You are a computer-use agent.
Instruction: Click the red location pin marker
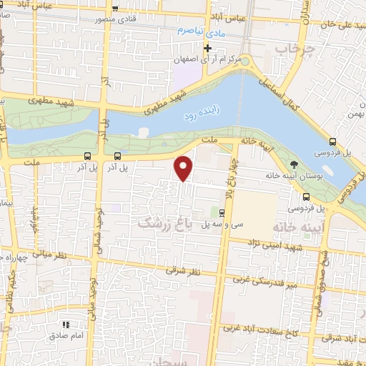pos(184,167)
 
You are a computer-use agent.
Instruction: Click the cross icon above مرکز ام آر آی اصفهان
pos(207,49)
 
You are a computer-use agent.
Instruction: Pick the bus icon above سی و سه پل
pos(222,212)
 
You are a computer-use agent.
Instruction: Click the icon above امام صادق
pos(70,325)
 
